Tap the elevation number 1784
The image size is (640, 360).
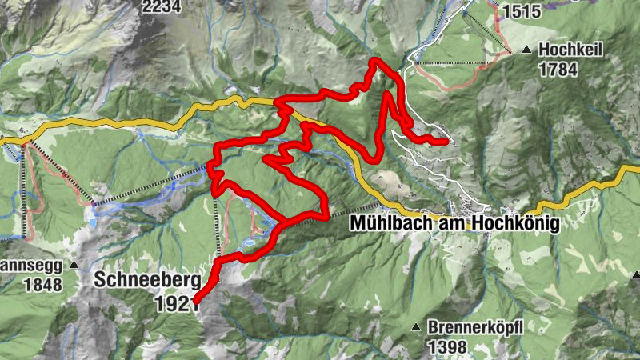tap(558, 69)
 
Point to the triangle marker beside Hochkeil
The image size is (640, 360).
tap(526, 50)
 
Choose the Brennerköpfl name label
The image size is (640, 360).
tap(475, 327)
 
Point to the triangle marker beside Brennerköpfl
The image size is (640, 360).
tap(416, 327)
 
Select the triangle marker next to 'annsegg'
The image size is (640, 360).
tap(74, 264)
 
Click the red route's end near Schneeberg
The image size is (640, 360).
tap(196, 302)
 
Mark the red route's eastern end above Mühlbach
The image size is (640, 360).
tap(445, 142)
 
